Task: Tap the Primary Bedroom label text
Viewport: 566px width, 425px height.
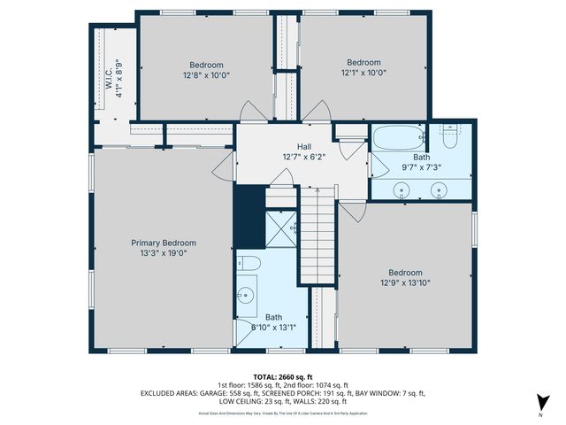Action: tap(164, 243)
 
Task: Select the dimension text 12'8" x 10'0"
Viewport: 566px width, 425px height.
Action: tap(205, 76)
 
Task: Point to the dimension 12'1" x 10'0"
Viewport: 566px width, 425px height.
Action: tap(363, 73)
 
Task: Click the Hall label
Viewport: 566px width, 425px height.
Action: tap(303, 147)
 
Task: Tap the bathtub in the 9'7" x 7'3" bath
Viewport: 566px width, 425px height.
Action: tap(399, 138)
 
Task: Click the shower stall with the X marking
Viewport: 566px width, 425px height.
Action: tap(282, 227)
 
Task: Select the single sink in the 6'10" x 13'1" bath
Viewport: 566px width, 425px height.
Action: tap(247, 294)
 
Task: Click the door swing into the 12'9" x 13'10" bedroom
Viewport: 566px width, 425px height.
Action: tap(353, 212)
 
